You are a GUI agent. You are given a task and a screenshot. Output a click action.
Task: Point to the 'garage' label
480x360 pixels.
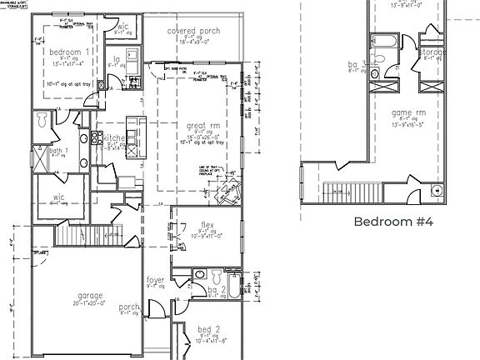pos(91,296)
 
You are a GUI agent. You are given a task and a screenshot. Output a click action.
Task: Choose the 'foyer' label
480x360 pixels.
pos(156,281)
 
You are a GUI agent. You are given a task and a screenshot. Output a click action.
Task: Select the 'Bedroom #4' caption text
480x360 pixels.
pos(394,222)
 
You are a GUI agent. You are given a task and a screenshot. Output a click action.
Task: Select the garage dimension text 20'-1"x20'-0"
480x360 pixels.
pos(91,304)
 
